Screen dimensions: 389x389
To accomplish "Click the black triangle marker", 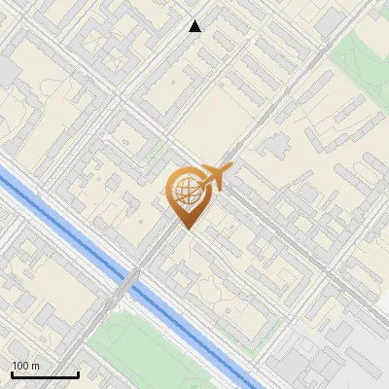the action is pos(195,26).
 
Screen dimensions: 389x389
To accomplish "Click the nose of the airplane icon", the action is pos(230,168).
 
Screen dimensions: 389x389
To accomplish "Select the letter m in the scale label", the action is pos(35,366).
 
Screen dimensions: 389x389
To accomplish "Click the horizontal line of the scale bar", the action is pos(45,375).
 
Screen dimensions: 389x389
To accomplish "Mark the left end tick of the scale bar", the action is pos(12,373).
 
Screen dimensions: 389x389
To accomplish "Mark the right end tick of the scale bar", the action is pos(78,373).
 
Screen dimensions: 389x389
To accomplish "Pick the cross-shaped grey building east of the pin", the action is pos(273,145).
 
